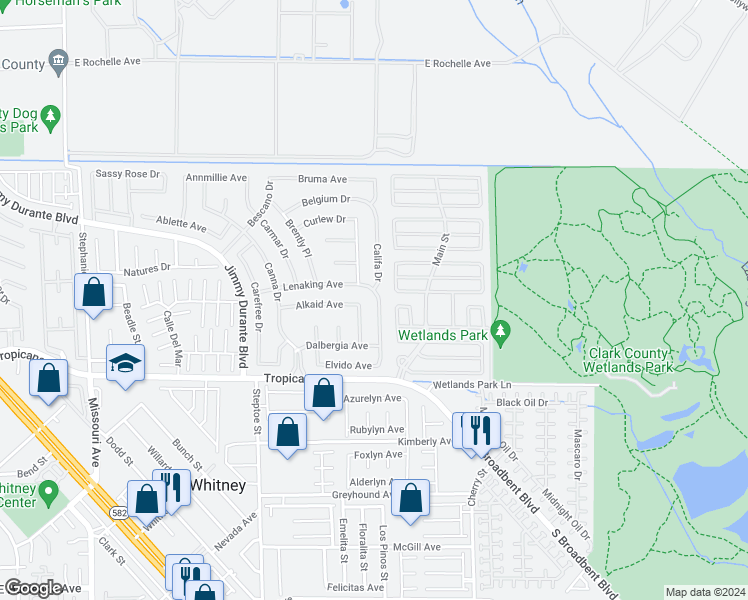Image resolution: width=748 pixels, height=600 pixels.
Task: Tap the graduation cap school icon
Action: click(x=126, y=363)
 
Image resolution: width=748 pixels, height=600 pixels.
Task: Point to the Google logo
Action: click(x=33, y=588)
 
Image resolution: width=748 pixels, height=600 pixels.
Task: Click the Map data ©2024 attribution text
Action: click(x=705, y=592)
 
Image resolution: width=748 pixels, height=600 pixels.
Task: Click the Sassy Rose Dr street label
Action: click(x=127, y=174)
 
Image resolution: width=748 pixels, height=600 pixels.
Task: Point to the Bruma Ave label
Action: click(x=323, y=179)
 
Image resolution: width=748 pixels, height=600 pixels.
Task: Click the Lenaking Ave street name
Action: click(x=312, y=285)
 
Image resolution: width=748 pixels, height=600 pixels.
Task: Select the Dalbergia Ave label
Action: click(x=336, y=346)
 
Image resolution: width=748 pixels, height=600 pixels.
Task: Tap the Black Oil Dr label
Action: click(x=522, y=402)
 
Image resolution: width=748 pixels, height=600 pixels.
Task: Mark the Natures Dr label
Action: click(x=147, y=270)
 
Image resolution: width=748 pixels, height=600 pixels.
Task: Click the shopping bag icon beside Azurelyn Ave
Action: click(x=323, y=392)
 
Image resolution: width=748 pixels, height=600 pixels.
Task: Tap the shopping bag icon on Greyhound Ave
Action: click(x=410, y=497)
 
